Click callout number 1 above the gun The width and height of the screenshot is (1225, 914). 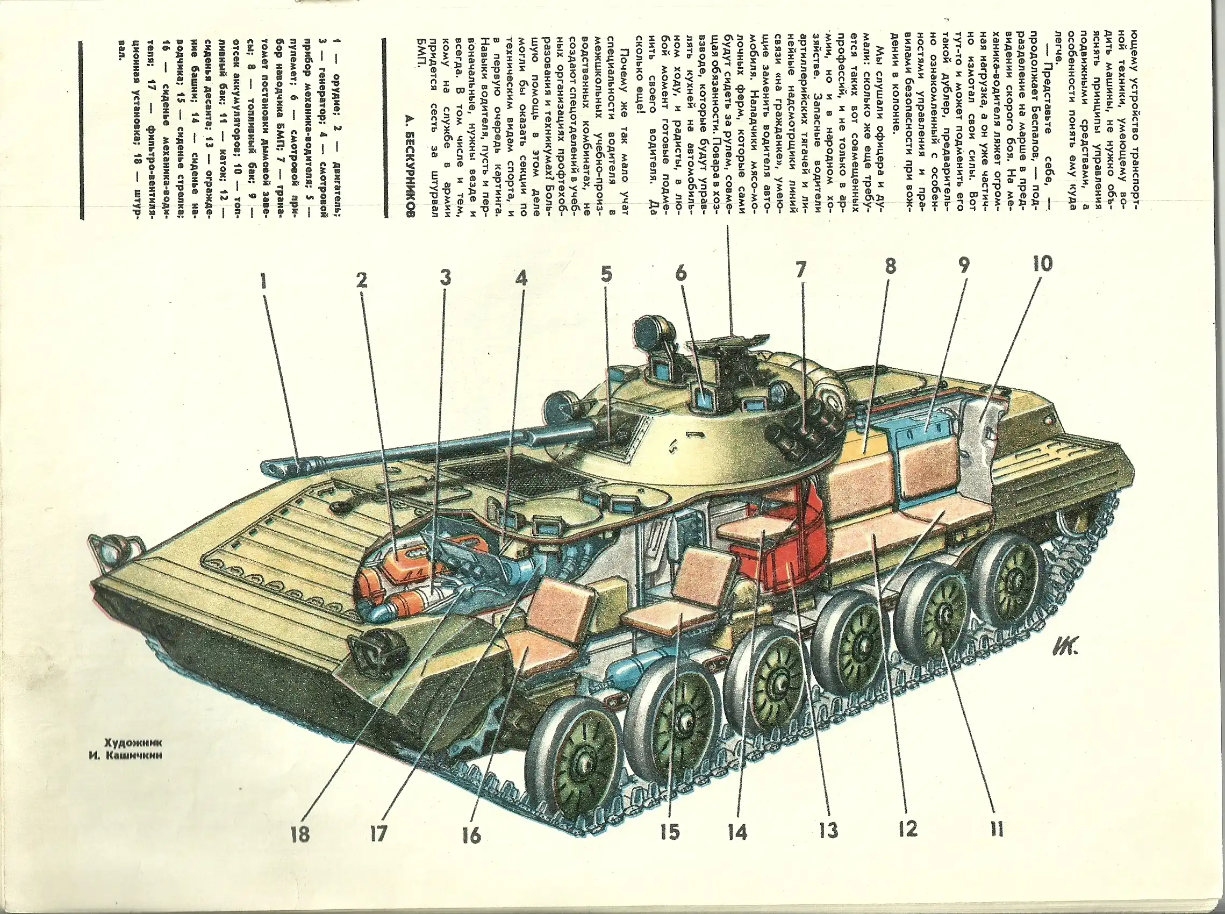click(264, 283)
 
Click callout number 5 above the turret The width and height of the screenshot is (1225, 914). click(606, 275)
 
